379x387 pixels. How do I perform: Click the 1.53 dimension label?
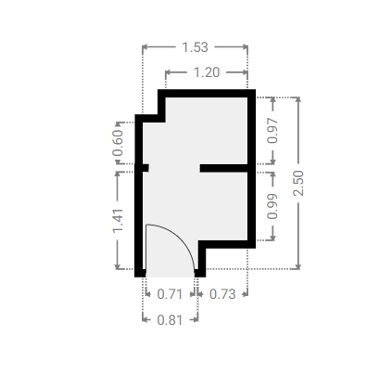click(195, 47)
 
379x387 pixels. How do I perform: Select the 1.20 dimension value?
click(207, 72)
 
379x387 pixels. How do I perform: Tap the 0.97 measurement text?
click(272, 131)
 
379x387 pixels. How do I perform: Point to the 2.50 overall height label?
click(298, 183)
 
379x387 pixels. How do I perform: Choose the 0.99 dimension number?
click(272, 206)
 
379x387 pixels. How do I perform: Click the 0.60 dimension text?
click(118, 143)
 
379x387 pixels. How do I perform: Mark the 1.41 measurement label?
click(118, 221)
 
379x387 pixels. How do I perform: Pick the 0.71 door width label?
click(170, 294)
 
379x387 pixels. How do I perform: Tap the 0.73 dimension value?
click(222, 294)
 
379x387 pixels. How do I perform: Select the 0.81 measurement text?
click(170, 320)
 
